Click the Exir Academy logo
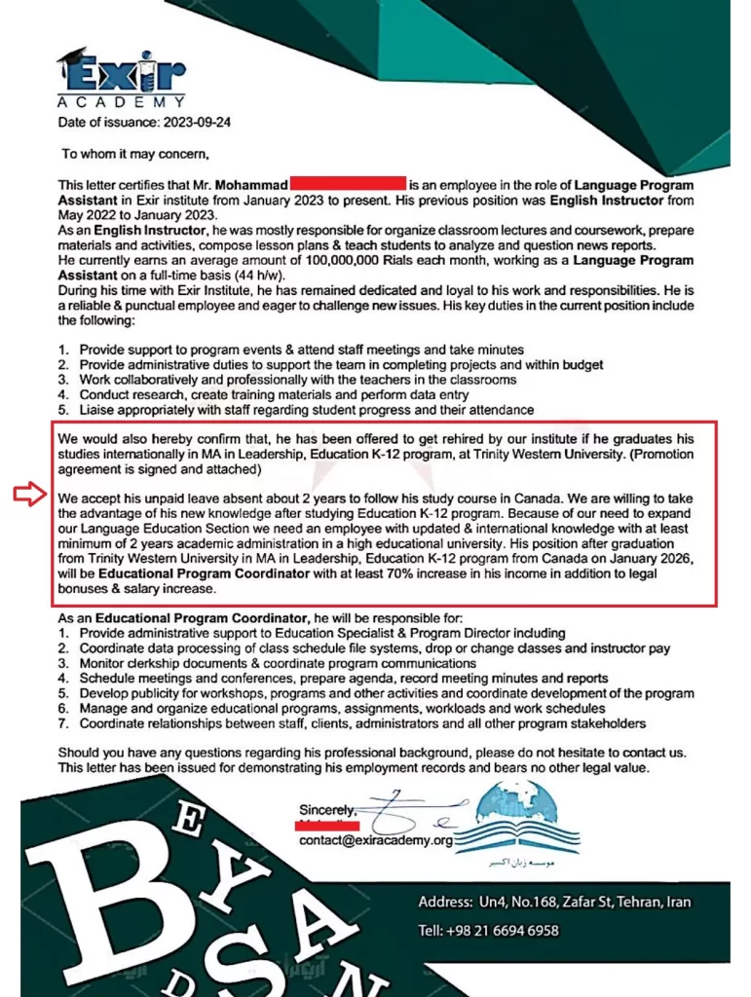click(x=121, y=76)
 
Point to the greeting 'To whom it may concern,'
click(x=135, y=153)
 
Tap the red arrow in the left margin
click(x=29, y=495)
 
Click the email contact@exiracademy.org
click(x=376, y=840)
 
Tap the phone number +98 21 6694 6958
click(x=503, y=930)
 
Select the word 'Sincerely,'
click(x=328, y=810)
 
